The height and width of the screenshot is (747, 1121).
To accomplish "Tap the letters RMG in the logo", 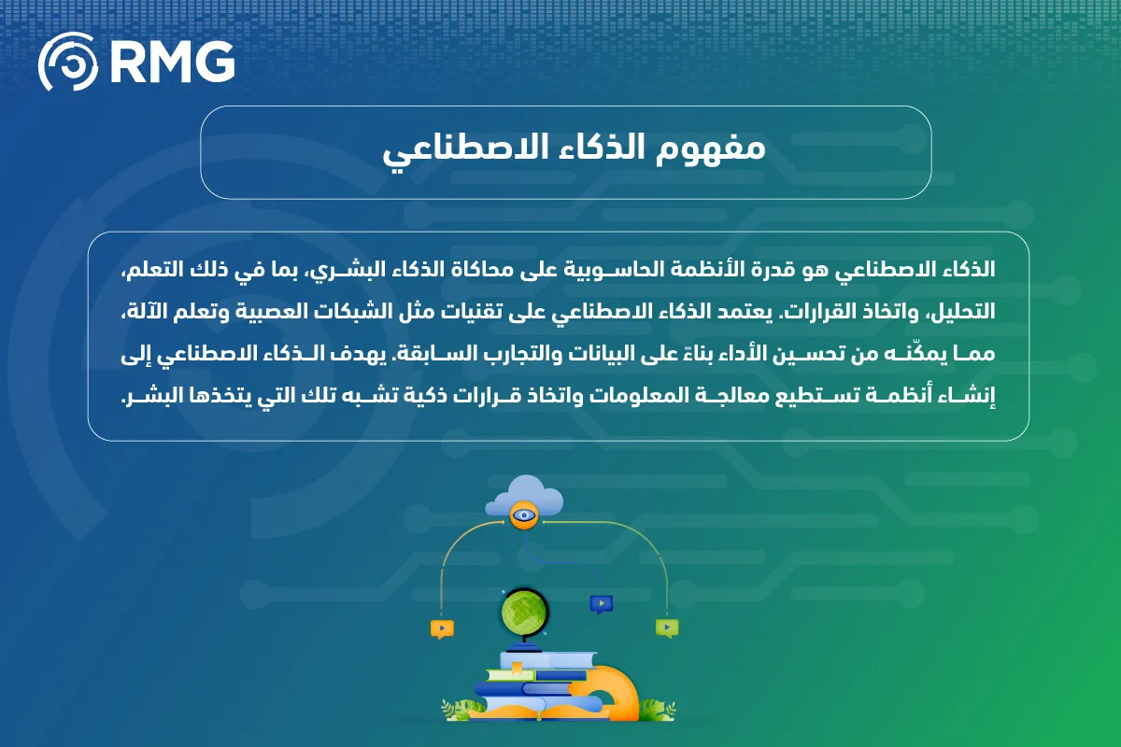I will (x=171, y=63).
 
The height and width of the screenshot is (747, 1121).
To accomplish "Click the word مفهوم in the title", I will (x=719, y=151).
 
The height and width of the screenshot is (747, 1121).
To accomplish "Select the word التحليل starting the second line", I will (x=962, y=313).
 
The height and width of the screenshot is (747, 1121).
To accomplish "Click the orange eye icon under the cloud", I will (x=523, y=514).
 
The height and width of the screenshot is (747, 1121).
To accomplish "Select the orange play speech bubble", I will (x=442, y=628).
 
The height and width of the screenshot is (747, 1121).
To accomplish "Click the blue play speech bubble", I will (x=601, y=603).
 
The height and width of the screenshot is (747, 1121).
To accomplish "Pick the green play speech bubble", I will (x=666, y=627).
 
